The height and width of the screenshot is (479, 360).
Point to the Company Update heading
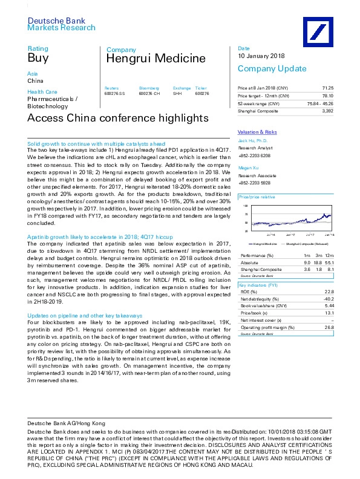click(268, 68)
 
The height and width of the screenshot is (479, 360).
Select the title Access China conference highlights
click(118, 117)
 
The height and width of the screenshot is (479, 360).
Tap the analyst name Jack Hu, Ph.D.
click(254, 140)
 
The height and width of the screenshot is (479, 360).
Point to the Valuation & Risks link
click(257, 132)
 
